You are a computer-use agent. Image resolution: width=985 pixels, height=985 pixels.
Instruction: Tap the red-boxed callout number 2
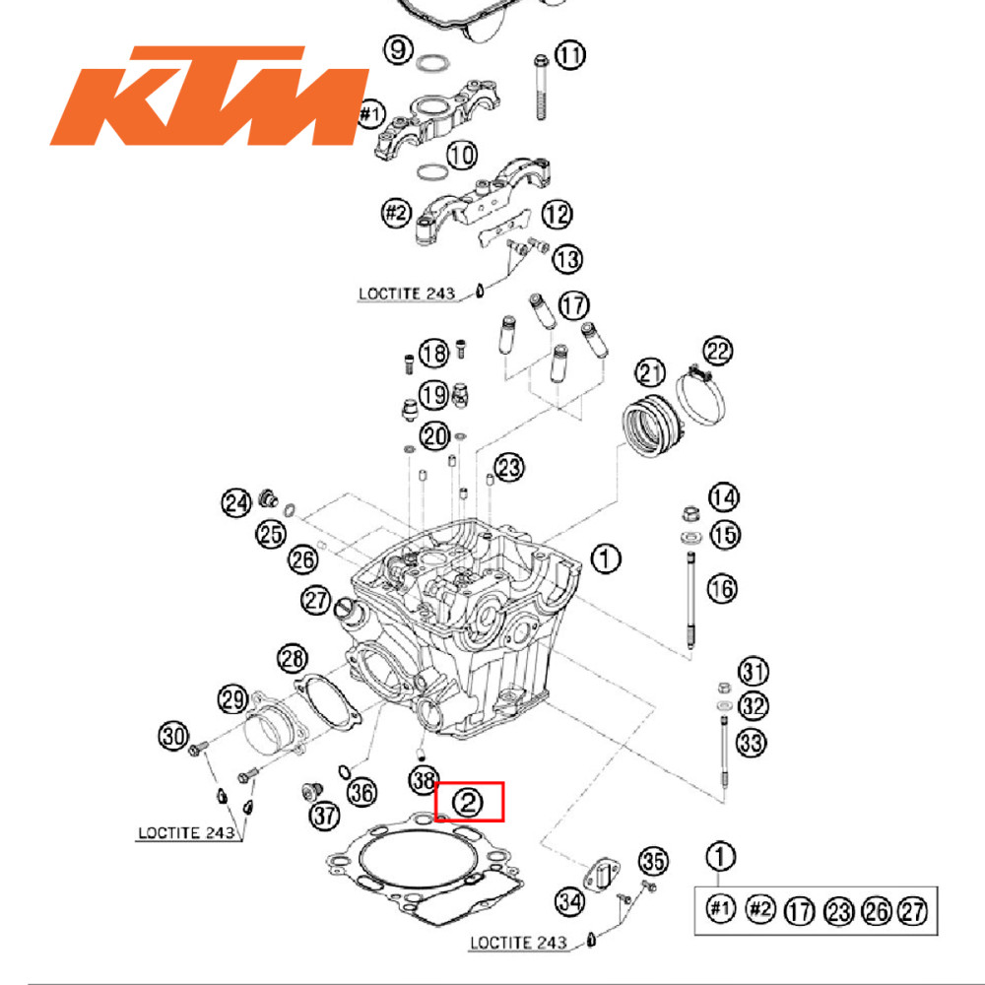click(x=469, y=803)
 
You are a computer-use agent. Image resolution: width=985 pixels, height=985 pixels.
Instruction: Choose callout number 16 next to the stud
click(x=722, y=589)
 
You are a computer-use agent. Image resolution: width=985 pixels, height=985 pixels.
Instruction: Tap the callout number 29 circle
click(x=232, y=700)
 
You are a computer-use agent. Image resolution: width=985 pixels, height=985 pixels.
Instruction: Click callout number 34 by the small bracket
click(x=569, y=899)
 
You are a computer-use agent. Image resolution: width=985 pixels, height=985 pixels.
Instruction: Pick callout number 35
click(x=654, y=861)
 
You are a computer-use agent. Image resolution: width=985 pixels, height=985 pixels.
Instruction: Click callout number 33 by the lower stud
click(x=751, y=743)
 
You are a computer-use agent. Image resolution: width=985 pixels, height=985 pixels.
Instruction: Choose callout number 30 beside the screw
click(x=173, y=735)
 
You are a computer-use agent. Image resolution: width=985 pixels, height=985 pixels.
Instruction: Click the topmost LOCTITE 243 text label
click(x=405, y=294)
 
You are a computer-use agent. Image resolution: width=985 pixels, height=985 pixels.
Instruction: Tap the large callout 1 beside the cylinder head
click(x=606, y=559)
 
